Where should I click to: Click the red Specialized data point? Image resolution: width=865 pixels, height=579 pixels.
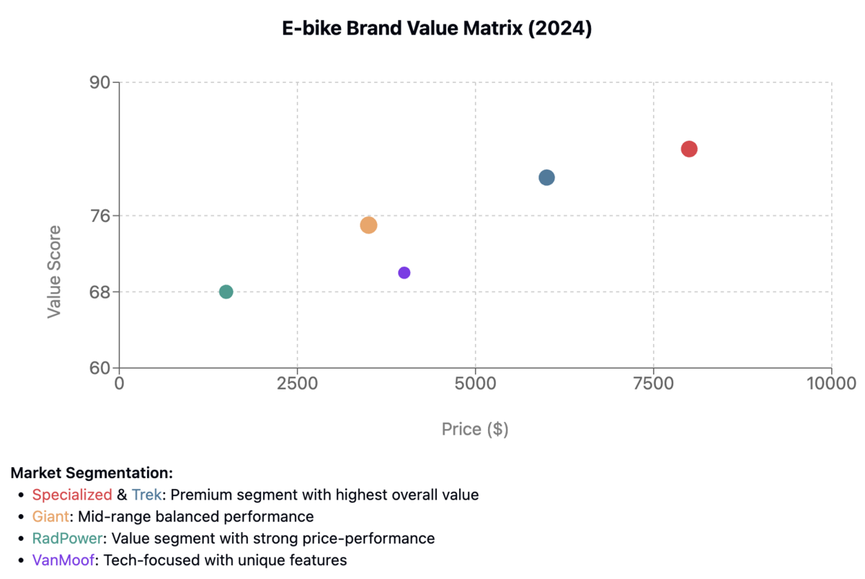[x=689, y=149]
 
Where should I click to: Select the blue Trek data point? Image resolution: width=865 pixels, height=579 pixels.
[x=546, y=177]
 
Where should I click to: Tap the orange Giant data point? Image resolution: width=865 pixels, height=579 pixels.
[x=368, y=225]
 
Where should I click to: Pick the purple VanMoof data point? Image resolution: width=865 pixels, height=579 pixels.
[x=404, y=273]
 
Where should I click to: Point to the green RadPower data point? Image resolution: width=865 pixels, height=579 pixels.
[x=226, y=292]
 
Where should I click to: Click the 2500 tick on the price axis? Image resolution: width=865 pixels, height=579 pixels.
[x=297, y=382]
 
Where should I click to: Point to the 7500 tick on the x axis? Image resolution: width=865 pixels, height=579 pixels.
[x=653, y=382]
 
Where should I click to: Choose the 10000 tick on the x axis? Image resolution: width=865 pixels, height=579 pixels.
[x=830, y=382]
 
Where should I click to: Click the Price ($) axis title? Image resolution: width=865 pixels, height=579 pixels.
[x=475, y=430]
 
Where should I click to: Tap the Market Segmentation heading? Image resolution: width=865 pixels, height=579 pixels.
[x=92, y=474]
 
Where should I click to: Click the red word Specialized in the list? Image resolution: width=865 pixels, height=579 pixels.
[x=72, y=495]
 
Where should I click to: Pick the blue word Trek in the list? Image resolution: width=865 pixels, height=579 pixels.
[x=147, y=495]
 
